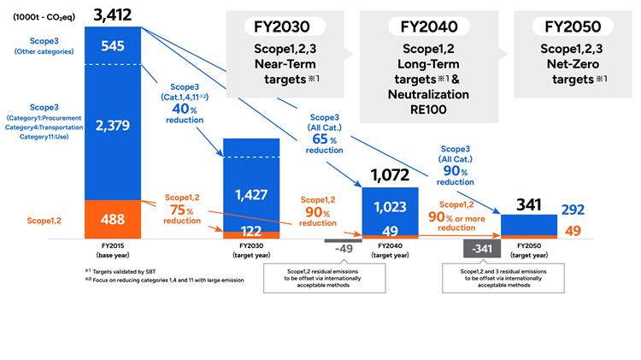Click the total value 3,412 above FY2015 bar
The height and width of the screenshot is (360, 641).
(112, 14)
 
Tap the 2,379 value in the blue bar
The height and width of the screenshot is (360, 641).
(112, 127)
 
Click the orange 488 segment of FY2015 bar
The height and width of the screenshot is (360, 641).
(112, 218)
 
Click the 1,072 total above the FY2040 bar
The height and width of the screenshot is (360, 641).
(389, 177)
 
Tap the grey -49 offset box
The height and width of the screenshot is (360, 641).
(344, 248)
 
